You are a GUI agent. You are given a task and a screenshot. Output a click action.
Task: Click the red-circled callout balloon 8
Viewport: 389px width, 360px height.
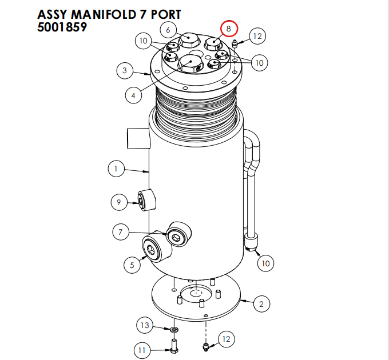click(x=228, y=27)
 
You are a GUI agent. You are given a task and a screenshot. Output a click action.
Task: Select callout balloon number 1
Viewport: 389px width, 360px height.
click(x=116, y=169)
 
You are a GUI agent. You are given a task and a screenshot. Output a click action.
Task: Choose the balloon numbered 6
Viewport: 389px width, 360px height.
click(x=168, y=29)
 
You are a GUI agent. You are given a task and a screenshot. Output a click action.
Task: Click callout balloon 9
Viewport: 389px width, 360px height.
click(x=118, y=202)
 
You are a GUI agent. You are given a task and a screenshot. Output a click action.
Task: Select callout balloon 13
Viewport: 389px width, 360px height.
click(x=145, y=326)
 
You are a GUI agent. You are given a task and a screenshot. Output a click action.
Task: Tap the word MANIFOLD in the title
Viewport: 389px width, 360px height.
click(x=104, y=14)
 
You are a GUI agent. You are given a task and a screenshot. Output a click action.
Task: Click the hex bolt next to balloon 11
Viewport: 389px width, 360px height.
click(x=173, y=346)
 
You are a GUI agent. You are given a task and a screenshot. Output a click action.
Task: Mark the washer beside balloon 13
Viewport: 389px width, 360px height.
click(x=173, y=330)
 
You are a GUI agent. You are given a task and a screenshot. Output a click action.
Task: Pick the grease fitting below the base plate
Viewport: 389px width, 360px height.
click(x=205, y=346)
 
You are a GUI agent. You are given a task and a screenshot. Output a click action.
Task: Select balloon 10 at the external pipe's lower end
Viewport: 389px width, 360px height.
click(x=265, y=263)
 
